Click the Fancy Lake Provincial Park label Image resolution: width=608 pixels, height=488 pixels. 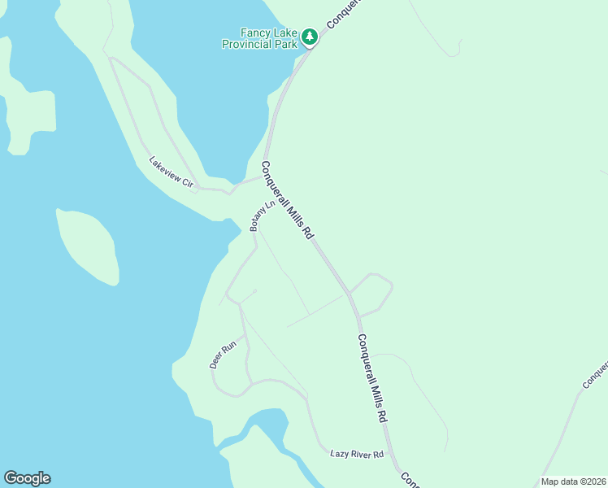tap(258, 38)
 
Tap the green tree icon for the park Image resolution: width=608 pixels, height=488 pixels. tap(309, 37)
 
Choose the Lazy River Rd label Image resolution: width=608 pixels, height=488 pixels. tap(356, 453)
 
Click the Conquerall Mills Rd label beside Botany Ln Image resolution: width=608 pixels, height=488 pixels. tap(287, 199)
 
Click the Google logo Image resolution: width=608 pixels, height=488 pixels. tap(27, 478)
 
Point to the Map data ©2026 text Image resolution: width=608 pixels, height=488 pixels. tap(573, 481)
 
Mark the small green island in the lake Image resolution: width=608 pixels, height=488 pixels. tap(88, 245)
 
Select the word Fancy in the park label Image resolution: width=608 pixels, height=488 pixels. tap(255, 33)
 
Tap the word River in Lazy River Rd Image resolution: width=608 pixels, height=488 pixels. tap(359, 453)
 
